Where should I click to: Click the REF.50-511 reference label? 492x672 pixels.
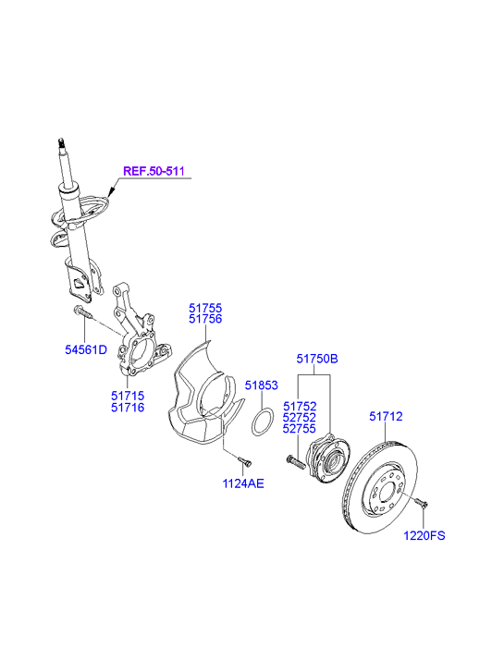pyautogui.click(x=154, y=171)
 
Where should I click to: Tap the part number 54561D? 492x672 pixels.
pyautogui.click(x=86, y=349)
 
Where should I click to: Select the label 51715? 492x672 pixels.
pyautogui.click(x=128, y=396)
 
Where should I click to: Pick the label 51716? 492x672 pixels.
pyautogui.click(x=128, y=408)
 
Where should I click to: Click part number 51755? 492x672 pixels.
pyautogui.click(x=205, y=308)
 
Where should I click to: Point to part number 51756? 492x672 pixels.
pyautogui.click(x=205, y=319)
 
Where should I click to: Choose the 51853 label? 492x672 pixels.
pyautogui.click(x=261, y=385)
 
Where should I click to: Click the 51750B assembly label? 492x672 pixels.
pyautogui.click(x=317, y=359)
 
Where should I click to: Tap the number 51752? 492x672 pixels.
pyautogui.click(x=300, y=406)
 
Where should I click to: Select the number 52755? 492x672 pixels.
pyautogui.click(x=300, y=428)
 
